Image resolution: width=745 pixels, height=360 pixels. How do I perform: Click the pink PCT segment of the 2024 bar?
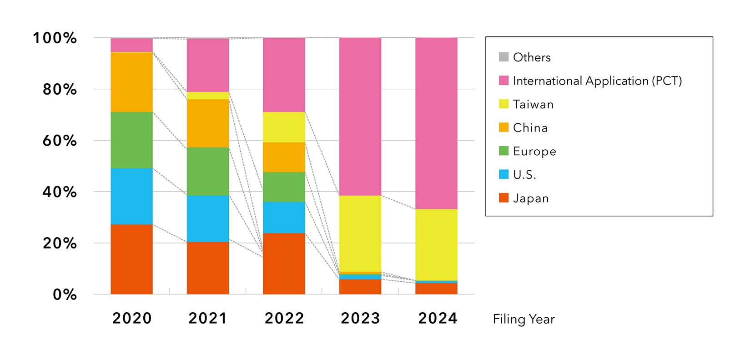[x=436, y=123]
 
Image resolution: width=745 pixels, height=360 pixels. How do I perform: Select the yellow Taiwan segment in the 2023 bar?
[x=360, y=233]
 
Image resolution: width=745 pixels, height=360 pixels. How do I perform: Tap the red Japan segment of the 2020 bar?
[x=131, y=259]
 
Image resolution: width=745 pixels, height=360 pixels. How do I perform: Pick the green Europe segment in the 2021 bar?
[x=208, y=171]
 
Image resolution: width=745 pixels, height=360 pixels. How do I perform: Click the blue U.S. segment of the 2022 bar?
[x=284, y=217]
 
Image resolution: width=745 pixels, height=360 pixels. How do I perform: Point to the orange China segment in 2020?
[x=131, y=82]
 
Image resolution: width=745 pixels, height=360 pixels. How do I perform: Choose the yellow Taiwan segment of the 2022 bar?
[x=284, y=127]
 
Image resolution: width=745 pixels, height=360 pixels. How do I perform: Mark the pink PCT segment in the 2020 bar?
[x=131, y=45]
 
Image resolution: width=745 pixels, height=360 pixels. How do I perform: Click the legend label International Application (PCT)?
[x=597, y=81]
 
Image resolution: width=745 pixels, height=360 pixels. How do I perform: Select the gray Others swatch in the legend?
[x=503, y=57]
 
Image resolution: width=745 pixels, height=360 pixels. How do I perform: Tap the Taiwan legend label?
[x=533, y=104]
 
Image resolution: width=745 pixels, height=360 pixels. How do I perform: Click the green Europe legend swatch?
[x=503, y=151]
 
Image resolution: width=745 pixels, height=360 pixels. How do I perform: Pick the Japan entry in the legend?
[x=530, y=198]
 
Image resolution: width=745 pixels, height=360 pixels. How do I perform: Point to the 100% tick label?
[x=55, y=38]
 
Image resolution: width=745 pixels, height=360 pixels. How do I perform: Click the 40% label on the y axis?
[x=60, y=192]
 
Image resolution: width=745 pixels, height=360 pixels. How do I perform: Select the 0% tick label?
[x=65, y=294]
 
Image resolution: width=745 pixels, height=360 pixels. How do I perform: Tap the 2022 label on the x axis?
[x=284, y=318]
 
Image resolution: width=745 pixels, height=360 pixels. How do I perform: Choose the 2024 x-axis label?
[x=438, y=318]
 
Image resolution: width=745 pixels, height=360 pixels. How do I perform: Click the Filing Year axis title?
[x=524, y=319]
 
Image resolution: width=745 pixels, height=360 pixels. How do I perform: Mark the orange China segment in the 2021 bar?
[x=208, y=123]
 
